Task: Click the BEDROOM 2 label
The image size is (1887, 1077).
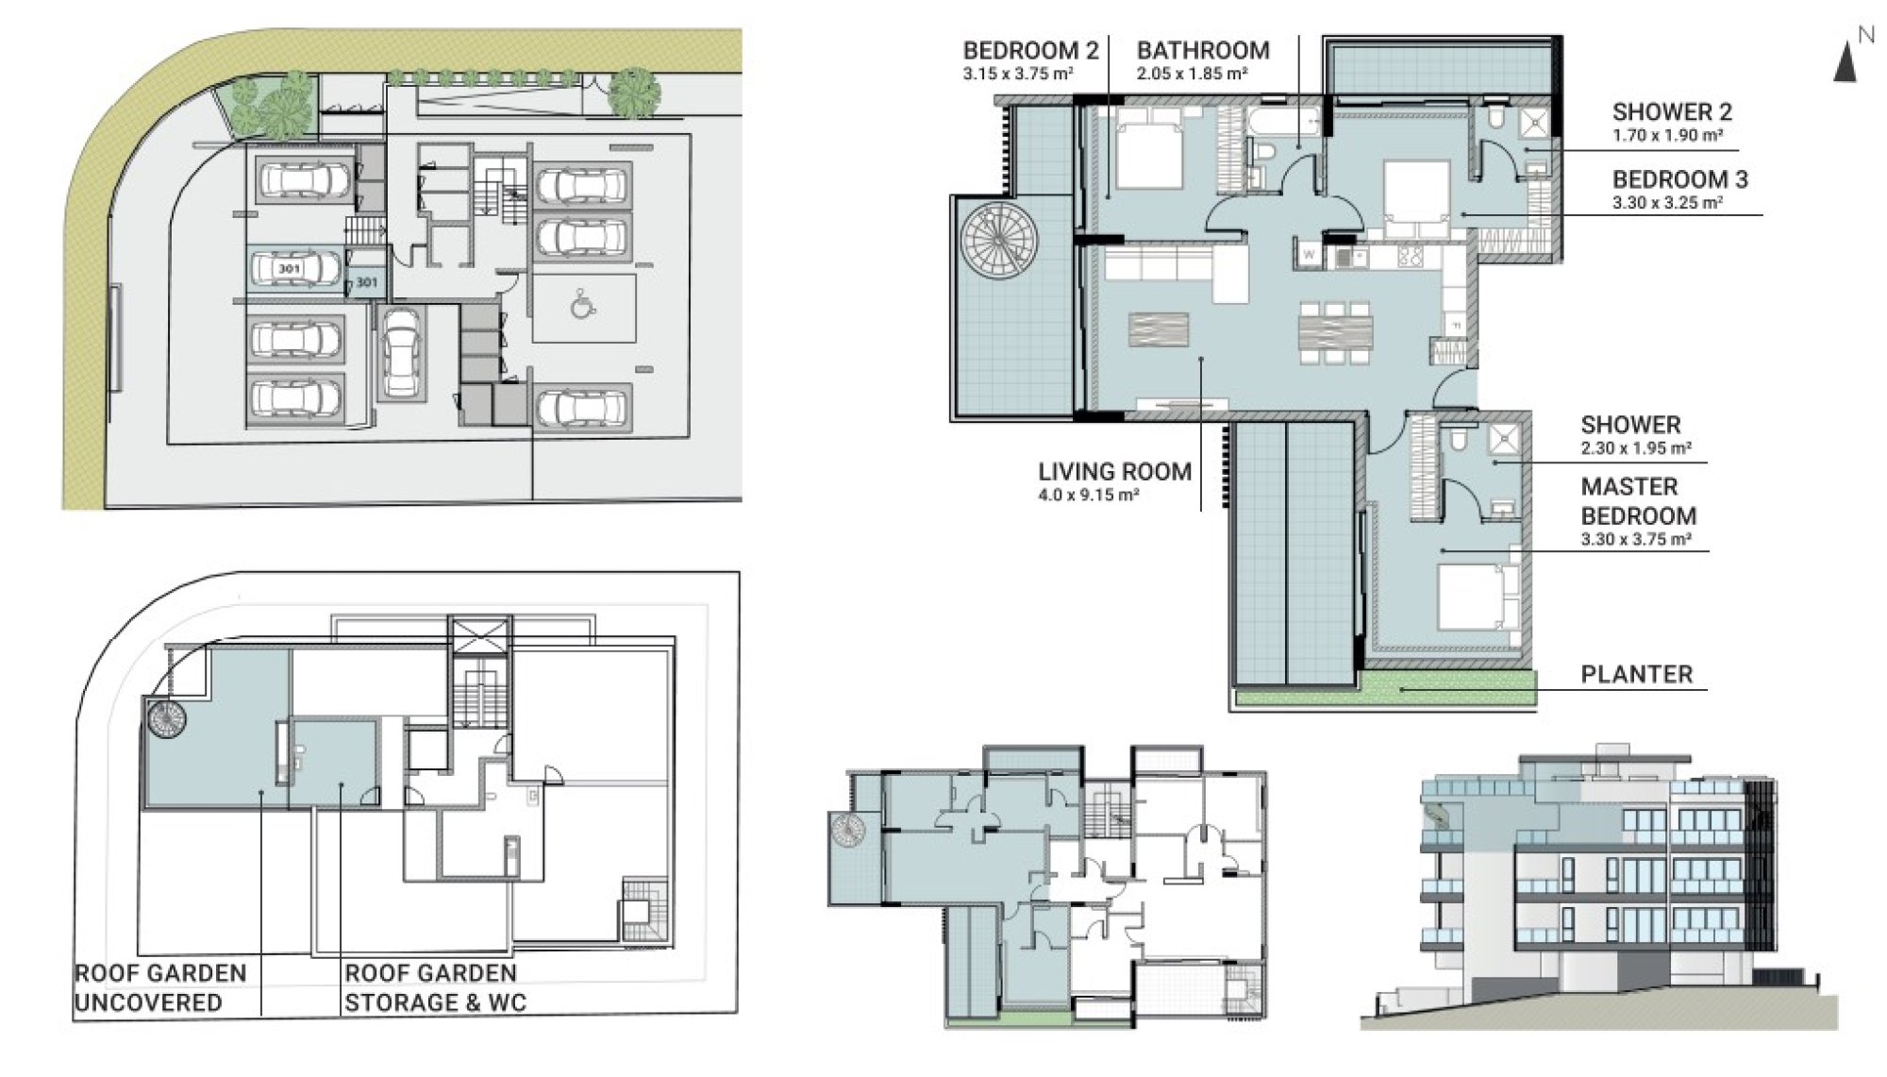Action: (x=1030, y=51)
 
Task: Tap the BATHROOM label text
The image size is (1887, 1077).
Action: (x=1203, y=51)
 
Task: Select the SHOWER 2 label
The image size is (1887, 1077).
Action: (x=1672, y=112)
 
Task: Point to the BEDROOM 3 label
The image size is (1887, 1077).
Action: (x=1679, y=179)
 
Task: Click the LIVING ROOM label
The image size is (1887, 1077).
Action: (x=1114, y=472)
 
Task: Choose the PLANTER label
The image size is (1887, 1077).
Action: (x=1637, y=674)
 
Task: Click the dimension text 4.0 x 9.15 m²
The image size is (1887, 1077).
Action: (x=1088, y=495)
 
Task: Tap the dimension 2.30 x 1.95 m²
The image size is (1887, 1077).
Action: (x=1636, y=448)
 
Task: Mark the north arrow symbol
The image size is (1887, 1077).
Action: (x=1845, y=62)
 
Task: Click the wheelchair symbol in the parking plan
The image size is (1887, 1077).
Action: (x=583, y=305)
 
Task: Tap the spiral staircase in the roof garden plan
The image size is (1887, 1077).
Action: (x=166, y=719)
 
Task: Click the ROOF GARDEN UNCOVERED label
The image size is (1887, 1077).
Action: (x=160, y=987)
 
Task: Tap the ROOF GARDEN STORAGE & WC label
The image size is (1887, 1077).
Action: (x=435, y=987)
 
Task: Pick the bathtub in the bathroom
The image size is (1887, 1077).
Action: (x=1284, y=123)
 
